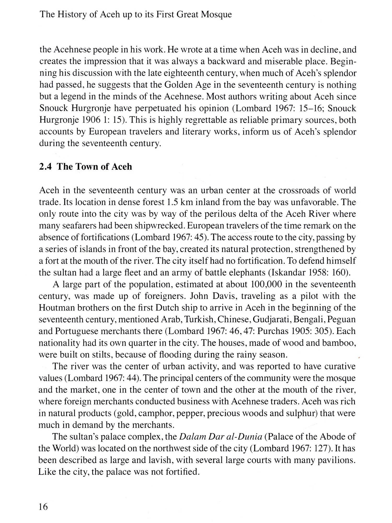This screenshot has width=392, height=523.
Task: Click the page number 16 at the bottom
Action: point(43,507)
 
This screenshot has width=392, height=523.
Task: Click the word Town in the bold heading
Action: point(87,167)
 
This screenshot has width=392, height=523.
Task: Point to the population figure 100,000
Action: point(266,284)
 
